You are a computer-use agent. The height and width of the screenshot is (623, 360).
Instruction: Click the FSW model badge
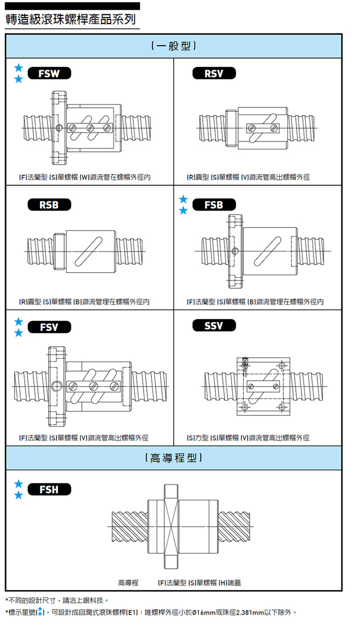tap(49, 73)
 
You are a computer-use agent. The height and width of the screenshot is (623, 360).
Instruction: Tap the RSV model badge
tap(214, 73)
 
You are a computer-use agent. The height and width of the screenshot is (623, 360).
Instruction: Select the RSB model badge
tap(49, 205)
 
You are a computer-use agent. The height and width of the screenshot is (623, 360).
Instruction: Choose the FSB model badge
tap(214, 205)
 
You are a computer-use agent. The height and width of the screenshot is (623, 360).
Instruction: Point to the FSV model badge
tap(49, 327)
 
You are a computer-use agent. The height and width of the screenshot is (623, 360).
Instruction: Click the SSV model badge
tap(214, 326)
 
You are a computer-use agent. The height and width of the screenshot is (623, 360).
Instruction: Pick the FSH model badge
tap(49, 489)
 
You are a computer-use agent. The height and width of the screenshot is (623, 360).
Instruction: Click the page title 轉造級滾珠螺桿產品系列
tap(70, 20)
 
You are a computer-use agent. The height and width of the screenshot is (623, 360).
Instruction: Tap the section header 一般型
tap(174, 45)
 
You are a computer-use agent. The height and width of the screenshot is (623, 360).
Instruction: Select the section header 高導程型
tap(174, 458)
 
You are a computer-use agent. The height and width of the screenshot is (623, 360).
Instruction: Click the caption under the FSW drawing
tap(85, 177)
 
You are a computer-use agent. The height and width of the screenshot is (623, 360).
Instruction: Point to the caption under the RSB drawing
tap(84, 302)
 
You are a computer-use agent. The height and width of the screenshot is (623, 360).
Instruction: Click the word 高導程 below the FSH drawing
tap(128, 582)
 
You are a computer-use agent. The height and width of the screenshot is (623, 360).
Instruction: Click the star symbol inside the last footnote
tap(41, 611)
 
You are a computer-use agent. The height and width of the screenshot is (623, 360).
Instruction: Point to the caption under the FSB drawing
tap(255, 302)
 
